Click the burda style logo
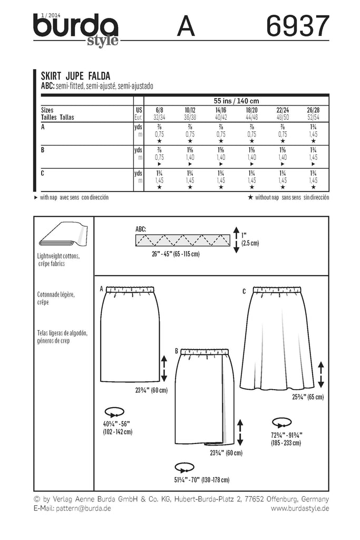[x=76, y=30]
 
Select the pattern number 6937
[x=298, y=26]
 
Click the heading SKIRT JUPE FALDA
[x=76, y=75]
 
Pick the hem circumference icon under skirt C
[x=283, y=422]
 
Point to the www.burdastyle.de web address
[x=300, y=508]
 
